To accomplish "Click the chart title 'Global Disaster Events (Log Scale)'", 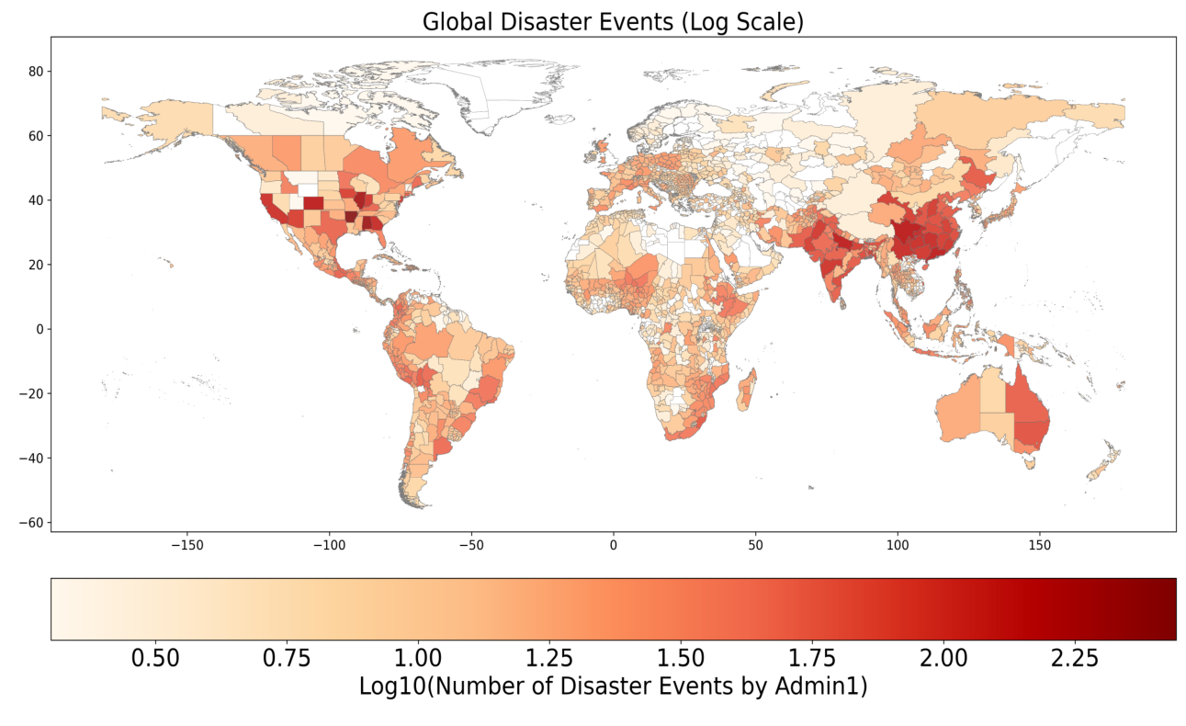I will coord(613,21).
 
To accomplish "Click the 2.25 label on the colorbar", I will coord(1074,658).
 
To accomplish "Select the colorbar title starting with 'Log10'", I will coord(613,686).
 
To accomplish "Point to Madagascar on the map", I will coord(748,390).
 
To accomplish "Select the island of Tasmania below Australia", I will coord(1030,463).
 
